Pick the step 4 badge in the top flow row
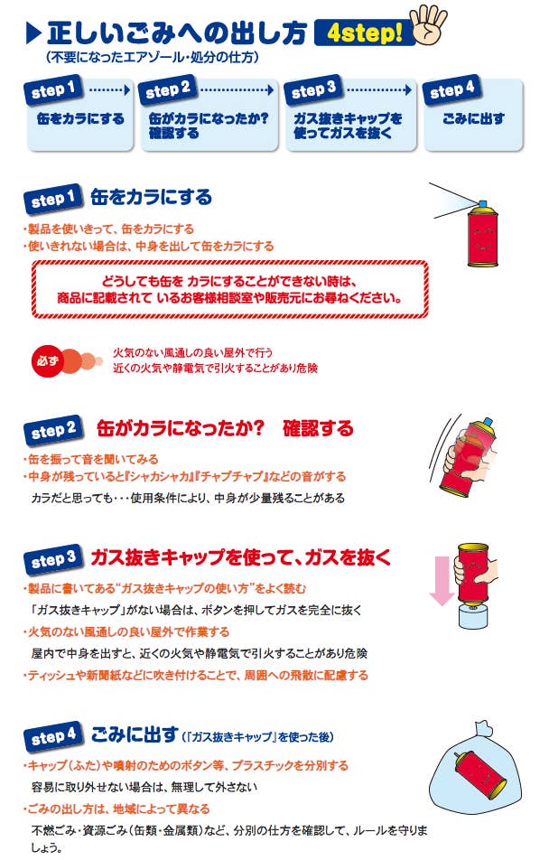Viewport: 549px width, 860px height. pyautogui.click(x=452, y=91)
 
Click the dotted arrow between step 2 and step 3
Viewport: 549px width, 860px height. pyautogui.click(x=238, y=91)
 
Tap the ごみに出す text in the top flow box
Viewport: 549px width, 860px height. pyautogui.click(x=474, y=118)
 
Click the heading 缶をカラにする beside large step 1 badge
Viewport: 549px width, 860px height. pyautogui.click(x=151, y=197)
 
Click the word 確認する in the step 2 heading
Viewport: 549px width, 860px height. pyautogui.click(x=318, y=428)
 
